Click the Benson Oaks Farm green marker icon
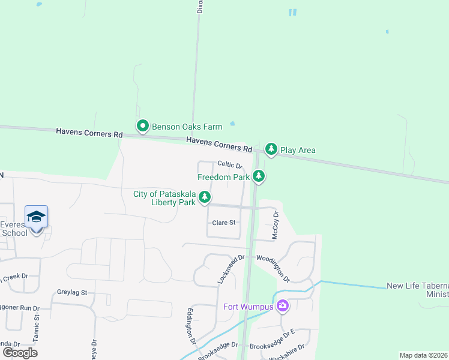pos(143,126)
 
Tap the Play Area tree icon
pos(271,149)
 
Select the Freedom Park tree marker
pos(259,176)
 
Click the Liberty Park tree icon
pos(205,197)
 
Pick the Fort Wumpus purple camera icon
pos(282,307)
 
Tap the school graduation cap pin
pos(36,217)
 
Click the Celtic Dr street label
pos(229,164)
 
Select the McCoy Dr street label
pos(276,225)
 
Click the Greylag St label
pos(73,293)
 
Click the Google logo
pos(20,352)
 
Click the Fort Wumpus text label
pos(248,307)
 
